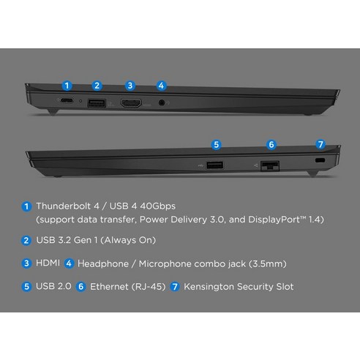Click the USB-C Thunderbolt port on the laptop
[66, 100]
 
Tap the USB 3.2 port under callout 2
[97, 102]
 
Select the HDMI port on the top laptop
[131, 103]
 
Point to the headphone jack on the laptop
[162, 102]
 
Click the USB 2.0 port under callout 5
[214, 165]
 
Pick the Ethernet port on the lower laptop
[270, 166]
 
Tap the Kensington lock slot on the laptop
[320, 160]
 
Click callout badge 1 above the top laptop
[67, 86]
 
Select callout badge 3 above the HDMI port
[130, 86]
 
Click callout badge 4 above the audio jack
[161, 86]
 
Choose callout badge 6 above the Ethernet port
[271, 145]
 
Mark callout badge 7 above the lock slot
[320, 144]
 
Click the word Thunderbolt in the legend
[63, 206]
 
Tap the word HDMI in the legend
[48, 263]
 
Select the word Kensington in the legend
[209, 287]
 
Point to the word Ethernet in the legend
[109, 287]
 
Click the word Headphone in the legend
[103, 263]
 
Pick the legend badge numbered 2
[26, 241]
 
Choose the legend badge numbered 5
[26, 287]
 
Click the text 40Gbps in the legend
[157, 206]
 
